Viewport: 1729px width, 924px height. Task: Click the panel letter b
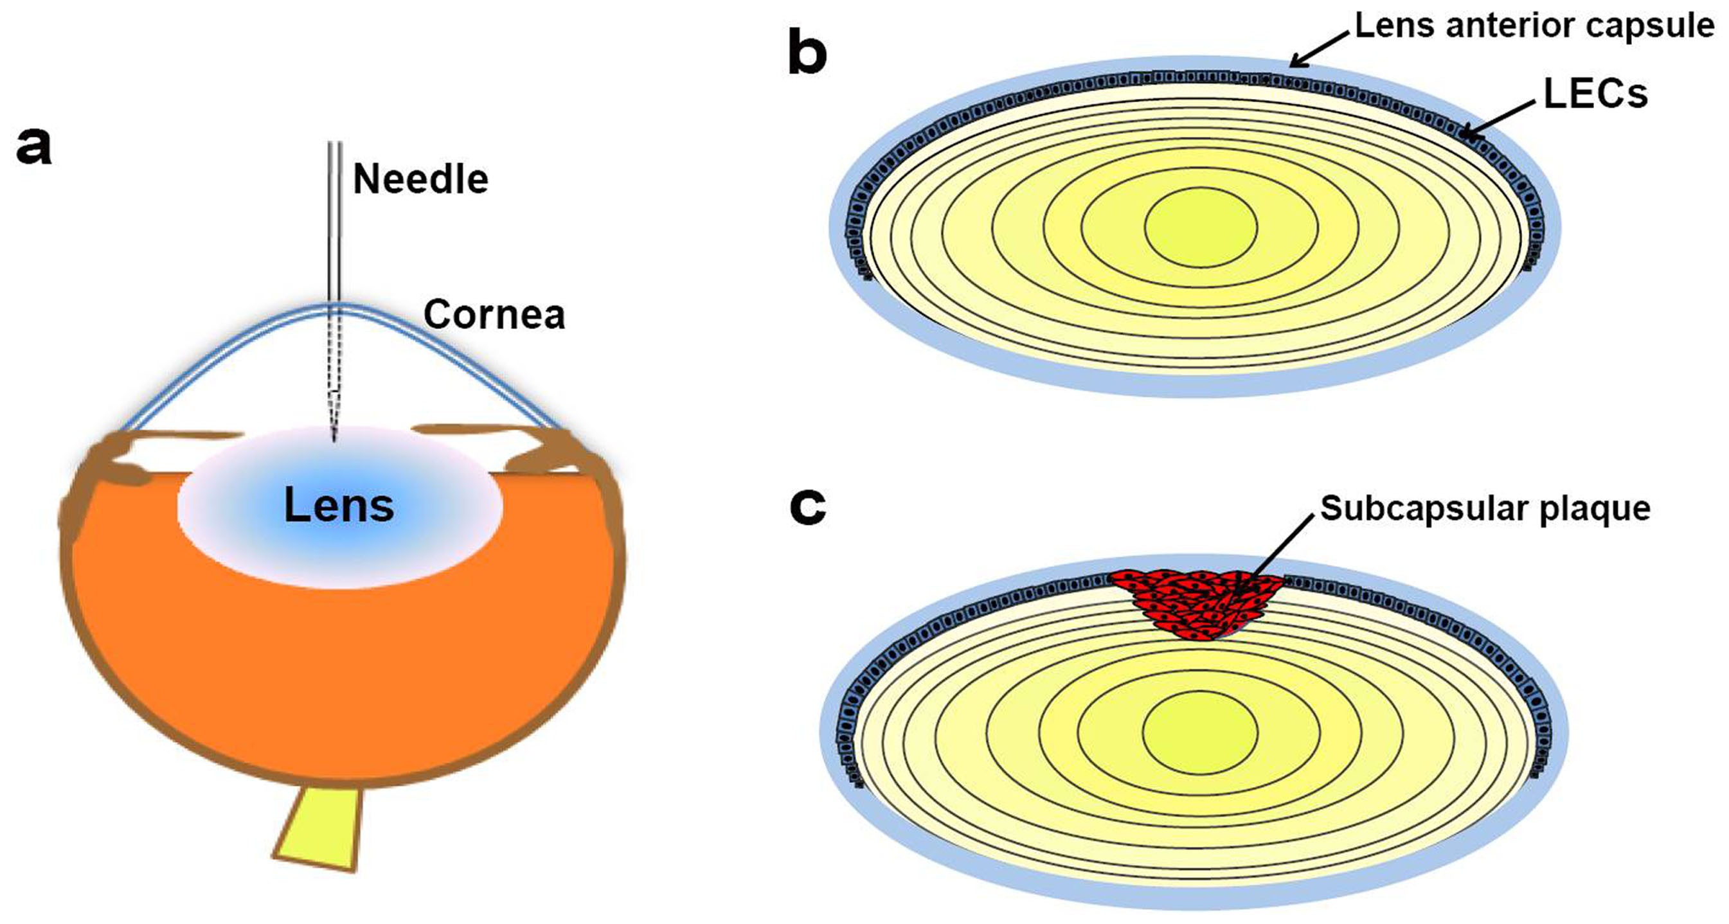click(x=807, y=54)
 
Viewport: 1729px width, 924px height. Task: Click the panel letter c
click(x=807, y=507)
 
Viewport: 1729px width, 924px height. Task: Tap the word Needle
click(x=420, y=180)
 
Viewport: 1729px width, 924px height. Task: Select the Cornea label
click(x=494, y=315)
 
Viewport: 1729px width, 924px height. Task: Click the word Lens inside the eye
click(x=339, y=505)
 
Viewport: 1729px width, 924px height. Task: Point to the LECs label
click(x=1595, y=94)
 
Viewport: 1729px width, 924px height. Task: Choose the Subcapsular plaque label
click(x=1485, y=509)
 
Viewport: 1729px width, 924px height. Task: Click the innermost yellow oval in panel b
click(x=1201, y=227)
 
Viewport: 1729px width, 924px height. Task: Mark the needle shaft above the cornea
click(x=334, y=222)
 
